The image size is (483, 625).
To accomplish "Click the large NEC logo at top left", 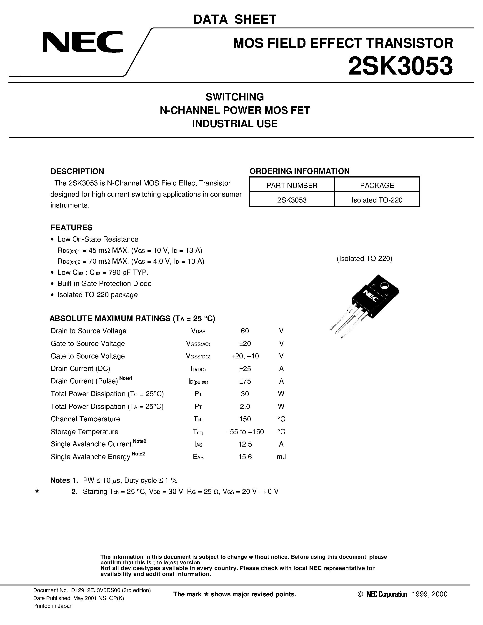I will [83, 42].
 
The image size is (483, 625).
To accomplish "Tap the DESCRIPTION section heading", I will [77, 171].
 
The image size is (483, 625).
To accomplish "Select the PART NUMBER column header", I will [292, 185].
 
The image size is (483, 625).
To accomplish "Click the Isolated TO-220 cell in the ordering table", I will [377, 200].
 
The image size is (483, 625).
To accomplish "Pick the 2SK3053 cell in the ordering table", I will [292, 200].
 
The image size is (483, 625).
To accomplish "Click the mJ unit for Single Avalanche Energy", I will [281, 457].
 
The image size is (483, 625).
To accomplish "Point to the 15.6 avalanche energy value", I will [245, 457].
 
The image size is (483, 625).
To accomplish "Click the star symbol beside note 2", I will [37, 491].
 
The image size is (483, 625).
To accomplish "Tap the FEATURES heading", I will [72, 227].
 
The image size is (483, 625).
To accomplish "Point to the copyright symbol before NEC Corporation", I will [360, 594].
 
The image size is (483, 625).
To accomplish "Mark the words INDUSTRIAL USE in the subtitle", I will [235, 124].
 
